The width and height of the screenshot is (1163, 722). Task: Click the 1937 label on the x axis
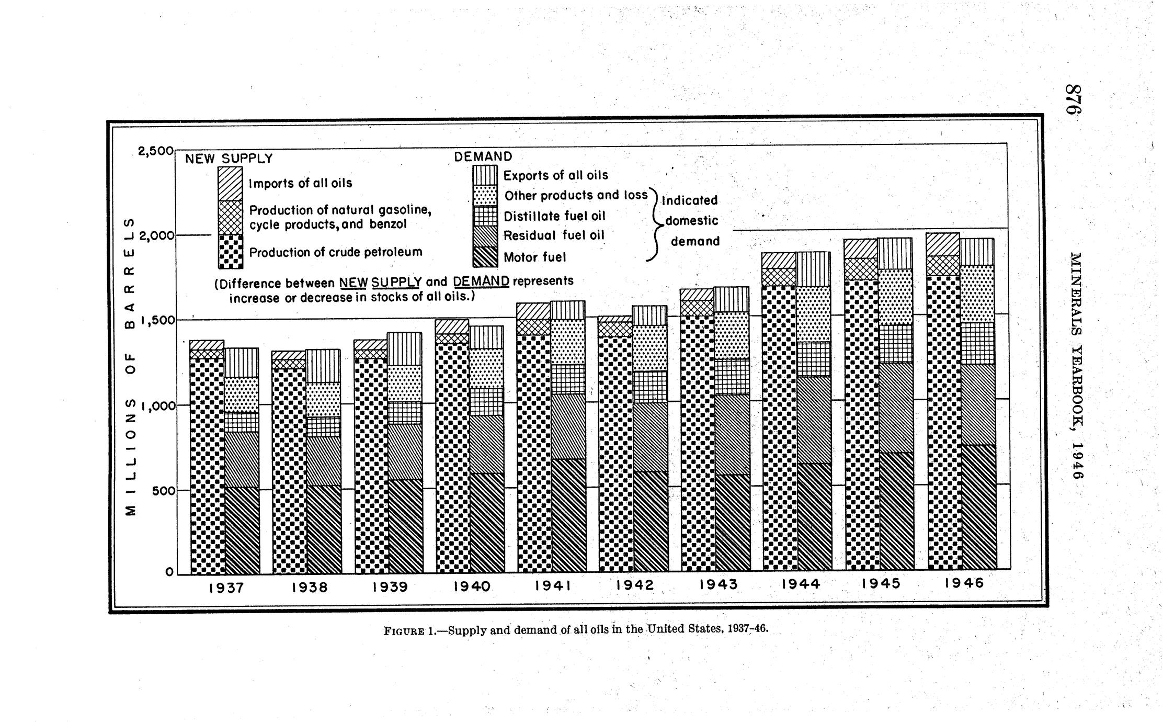[226, 588]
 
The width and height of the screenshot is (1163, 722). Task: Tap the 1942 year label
[635, 585]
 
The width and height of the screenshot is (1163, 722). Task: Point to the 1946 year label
[964, 583]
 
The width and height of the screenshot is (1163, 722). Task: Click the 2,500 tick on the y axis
[155, 151]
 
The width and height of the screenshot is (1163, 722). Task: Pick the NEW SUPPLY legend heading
[229, 159]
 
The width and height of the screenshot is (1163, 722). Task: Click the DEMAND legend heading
[483, 156]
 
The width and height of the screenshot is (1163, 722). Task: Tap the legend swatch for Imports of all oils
[230, 184]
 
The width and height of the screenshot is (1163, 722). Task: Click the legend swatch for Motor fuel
[485, 257]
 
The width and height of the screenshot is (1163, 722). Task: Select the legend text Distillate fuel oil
[554, 216]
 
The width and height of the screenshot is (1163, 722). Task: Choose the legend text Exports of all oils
[556, 175]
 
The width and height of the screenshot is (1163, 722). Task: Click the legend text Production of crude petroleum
[335, 252]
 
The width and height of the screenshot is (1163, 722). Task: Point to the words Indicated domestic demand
[692, 221]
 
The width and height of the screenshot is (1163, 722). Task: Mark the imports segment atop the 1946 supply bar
[943, 244]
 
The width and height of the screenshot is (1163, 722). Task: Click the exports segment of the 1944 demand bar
[813, 269]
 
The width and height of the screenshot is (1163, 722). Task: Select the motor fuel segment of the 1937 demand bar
[242, 530]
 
